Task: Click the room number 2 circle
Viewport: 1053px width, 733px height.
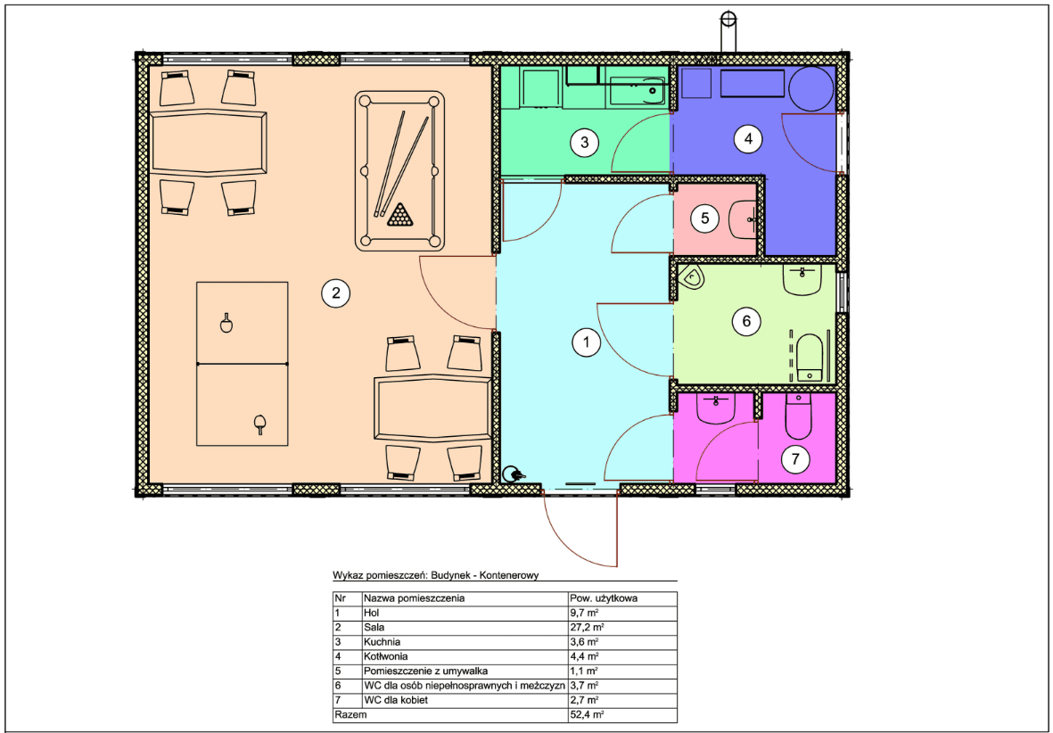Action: tap(336, 292)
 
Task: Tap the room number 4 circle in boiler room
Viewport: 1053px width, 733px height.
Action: tap(747, 139)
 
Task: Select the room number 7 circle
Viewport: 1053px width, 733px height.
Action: tap(796, 459)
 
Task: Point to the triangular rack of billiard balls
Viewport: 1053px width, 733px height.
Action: tap(400, 214)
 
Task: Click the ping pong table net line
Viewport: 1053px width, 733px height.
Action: tap(242, 364)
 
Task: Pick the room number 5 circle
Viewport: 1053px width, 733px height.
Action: tap(705, 218)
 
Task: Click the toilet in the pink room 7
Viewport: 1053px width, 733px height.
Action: tap(799, 416)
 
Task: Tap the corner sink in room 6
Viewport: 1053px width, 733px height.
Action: tap(691, 276)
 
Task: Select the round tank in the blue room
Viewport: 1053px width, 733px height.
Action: tap(811, 88)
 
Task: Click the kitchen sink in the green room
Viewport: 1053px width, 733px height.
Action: tap(638, 90)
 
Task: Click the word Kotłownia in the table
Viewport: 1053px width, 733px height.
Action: tap(385, 656)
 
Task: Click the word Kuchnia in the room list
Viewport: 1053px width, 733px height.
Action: tap(382, 642)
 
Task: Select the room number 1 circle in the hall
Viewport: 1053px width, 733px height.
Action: tap(587, 342)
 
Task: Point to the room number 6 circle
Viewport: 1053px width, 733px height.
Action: tap(746, 321)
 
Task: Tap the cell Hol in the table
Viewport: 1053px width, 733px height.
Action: tap(372, 613)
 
